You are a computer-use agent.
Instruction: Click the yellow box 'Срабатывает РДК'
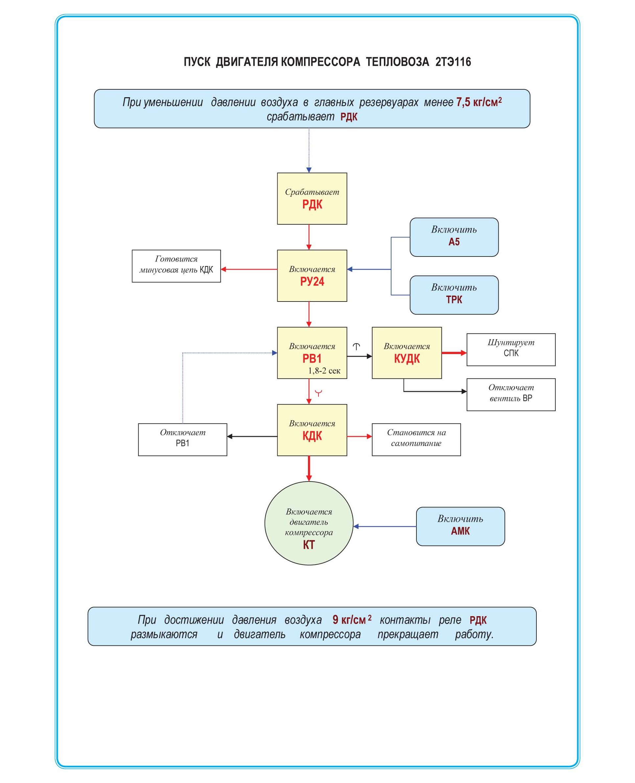tap(312, 198)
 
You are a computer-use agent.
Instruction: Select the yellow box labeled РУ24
tap(312, 276)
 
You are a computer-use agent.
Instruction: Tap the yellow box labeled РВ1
tap(312, 352)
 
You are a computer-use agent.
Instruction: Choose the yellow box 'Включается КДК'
tap(312, 430)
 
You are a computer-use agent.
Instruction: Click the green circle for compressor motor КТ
tap(309, 523)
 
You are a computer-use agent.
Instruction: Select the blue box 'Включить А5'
tap(454, 237)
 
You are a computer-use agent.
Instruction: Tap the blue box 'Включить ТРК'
tap(454, 295)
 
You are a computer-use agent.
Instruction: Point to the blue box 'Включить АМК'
tap(460, 526)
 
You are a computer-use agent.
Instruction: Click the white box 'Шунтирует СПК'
tap(511, 349)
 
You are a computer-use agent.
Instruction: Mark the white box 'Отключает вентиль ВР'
tap(511, 394)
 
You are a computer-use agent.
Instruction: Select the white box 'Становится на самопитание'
tap(416, 439)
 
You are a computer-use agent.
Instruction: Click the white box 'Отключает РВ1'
tap(182, 439)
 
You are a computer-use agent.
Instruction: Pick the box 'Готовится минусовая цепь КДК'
tap(176, 266)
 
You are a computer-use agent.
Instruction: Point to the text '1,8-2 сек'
tap(324, 371)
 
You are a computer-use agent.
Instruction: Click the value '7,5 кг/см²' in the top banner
tap(479, 102)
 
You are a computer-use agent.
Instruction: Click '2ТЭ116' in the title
tap(453, 62)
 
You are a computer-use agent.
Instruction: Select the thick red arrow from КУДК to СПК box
tap(454, 353)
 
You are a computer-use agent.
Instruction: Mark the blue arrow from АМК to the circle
tap(385, 526)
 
